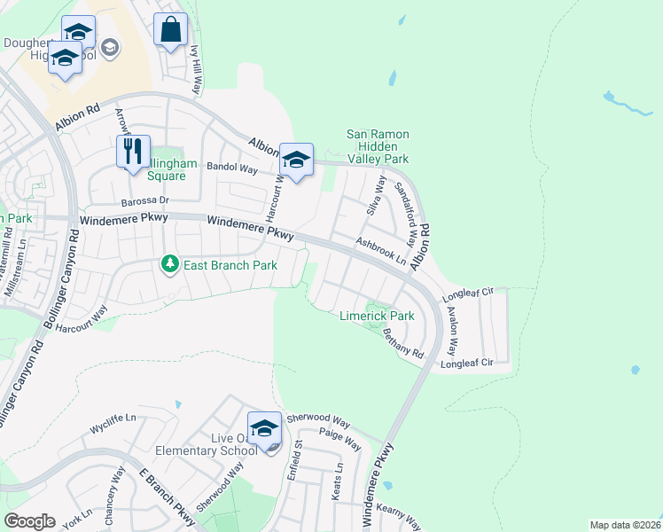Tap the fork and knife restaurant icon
click(133, 151)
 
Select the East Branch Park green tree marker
click(168, 264)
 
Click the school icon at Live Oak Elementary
click(263, 428)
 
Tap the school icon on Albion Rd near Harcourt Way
click(296, 160)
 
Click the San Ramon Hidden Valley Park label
click(378, 146)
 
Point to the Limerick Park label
click(377, 316)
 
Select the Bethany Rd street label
click(403, 343)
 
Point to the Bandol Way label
click(231, 167)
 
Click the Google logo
click(30, 521)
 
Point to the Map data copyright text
click(624, 525)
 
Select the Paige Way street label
click(340, 438)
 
